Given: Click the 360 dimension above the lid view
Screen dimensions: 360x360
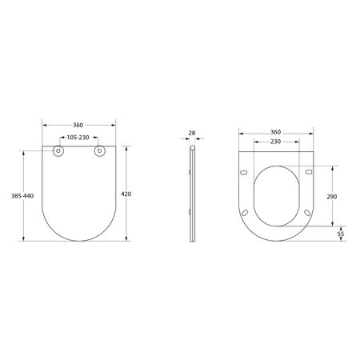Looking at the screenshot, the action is (x=78, y=125).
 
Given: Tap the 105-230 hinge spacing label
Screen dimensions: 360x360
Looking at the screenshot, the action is (x=78, y=138).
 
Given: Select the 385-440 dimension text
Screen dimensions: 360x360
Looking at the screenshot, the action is (x=22, y=196).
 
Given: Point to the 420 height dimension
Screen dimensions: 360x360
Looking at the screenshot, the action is (x=126, y=194).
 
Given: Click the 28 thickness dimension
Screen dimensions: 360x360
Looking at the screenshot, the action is (x=192, y=133).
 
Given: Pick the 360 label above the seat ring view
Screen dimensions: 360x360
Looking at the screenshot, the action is (x=276, y=132).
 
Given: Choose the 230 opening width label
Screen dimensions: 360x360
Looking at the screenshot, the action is (x=276, y=142).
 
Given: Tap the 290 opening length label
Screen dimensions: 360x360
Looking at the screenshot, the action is (x=332, y=197).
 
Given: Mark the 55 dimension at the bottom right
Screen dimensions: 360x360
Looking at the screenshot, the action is (x=341, y=234).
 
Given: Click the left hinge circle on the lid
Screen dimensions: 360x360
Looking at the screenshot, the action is (x=58, y=151).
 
